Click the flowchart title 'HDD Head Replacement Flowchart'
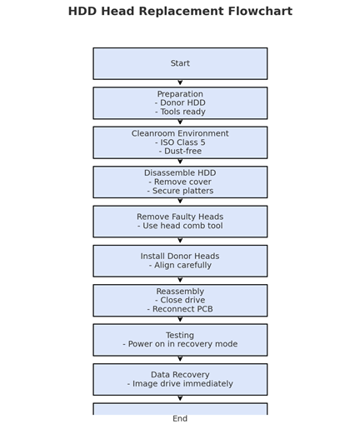tap(180, 12)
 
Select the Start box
tap(180, 63)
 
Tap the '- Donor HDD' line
tap(180, 102)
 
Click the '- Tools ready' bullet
tap(180, 112)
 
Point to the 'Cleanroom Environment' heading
tap(180, 133)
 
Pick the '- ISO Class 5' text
tap(180, 142)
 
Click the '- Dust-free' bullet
tap(180, 151)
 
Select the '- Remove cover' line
tap(180, 182)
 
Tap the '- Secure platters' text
tap(180, 191)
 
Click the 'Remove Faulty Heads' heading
tap(180, 217)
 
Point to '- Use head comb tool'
tap(180, 226)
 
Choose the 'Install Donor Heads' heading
tap(180, 256)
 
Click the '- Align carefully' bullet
tap(180, 265)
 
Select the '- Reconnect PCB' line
tap(180, 309)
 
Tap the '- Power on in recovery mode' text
tap(180, 344)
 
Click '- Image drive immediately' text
tap(180, 384)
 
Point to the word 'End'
tap(180, 418)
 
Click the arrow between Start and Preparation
tap(180, 82)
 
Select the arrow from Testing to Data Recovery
tap(180, 359)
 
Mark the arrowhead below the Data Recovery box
tap(180, 398)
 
